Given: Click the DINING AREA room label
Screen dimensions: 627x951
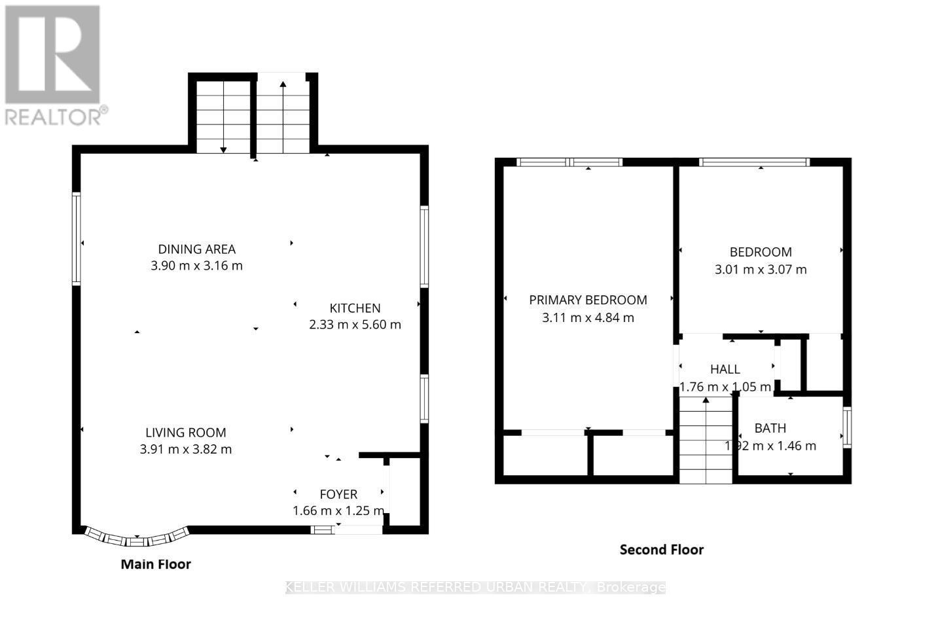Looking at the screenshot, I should tap(196, 249).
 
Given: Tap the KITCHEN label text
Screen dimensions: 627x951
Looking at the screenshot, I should tap(355, 308).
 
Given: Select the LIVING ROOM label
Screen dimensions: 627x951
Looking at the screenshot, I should tap(186, 433).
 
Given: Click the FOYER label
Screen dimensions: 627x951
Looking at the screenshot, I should tap(338, 494).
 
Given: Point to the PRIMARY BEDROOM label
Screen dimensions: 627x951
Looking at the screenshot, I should tap(588, 300).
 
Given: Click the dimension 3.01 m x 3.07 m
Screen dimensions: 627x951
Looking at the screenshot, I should tap(761, 270).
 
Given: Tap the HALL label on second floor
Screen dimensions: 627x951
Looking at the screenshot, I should tap(725, 370).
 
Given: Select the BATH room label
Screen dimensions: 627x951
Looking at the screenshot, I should tap(770, 429).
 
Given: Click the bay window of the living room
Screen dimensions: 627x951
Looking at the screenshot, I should tap(137, 539).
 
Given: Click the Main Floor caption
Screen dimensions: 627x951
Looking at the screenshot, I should tap(156, 564).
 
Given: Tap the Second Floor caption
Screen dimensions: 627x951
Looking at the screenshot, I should tap(661, 550).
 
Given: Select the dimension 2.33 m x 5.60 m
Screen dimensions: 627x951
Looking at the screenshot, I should tap(355, 325).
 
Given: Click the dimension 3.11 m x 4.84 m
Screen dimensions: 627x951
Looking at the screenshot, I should tap(588, 318).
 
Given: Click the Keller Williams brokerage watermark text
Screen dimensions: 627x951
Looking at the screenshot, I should tap(475, 587).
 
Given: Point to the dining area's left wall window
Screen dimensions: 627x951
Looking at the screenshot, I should tap(77, 238).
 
